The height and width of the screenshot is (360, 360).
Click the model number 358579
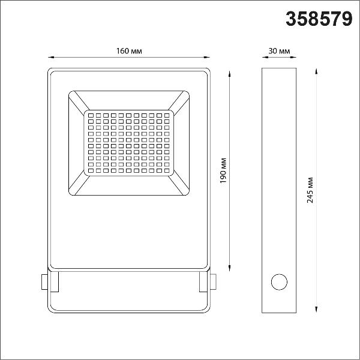319,19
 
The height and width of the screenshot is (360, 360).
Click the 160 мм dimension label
129,51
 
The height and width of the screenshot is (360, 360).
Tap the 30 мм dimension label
279,51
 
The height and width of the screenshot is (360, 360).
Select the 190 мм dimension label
223,170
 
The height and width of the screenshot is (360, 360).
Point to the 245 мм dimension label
310,190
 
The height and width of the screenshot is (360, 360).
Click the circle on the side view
279,282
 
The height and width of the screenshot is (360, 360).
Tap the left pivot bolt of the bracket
44,282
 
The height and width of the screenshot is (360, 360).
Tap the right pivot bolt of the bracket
213,282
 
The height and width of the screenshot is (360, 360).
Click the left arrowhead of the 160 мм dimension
51,57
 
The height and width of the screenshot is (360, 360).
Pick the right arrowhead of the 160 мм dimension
206,57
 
